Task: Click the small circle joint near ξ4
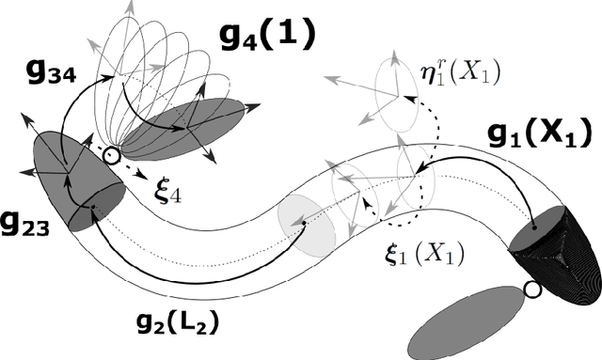click(113, 156)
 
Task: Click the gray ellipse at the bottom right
click(471, 319)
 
